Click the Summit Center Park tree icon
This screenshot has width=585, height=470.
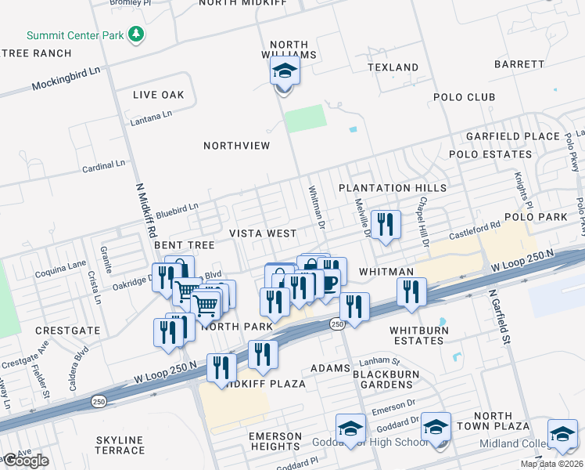coord(137,34)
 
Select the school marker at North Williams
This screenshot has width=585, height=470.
coord(285,73)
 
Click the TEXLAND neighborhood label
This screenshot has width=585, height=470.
coord(395,67)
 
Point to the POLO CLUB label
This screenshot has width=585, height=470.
coord(465,97)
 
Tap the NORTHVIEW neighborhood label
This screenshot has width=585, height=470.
coord(236,146)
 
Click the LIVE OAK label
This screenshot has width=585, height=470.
coord(158,95)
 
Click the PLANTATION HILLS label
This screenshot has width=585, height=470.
coord(393,188)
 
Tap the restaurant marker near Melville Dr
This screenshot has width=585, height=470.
coord(385,225)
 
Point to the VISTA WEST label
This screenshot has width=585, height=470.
coord(263,233)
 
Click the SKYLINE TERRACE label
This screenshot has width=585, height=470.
coord(120,445)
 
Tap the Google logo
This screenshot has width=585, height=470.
coord(26,461)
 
